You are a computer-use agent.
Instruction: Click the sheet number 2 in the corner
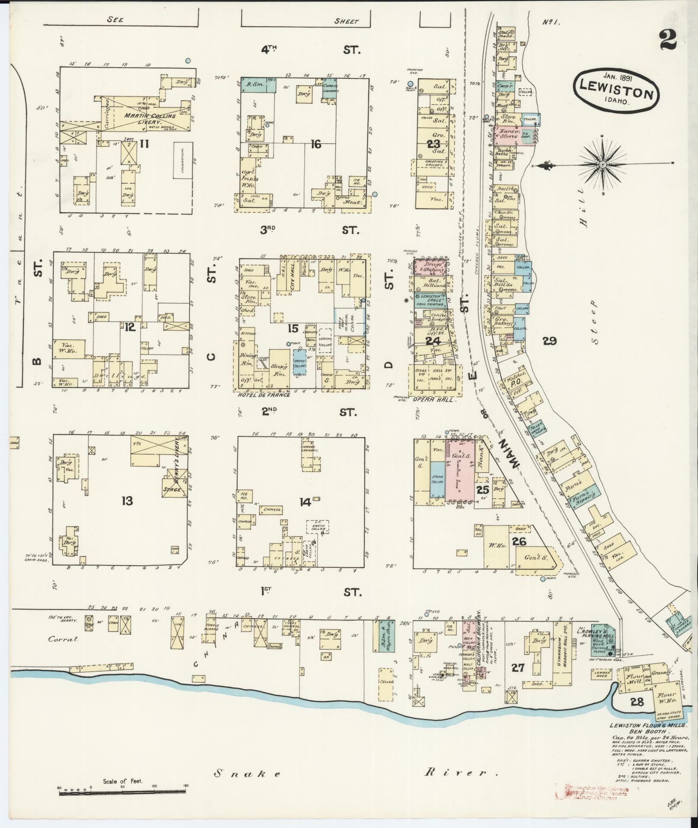pyautogui.click(x=669, y=41)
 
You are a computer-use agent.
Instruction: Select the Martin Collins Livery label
pyautogui.click(x=144, y=119)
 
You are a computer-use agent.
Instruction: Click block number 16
pyautogui.click(x=316, y=144)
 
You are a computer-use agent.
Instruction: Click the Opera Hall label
pyautogui.click(x=438, y=400)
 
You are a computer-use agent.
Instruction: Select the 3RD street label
pyautogui.click(x=268, y=230)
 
